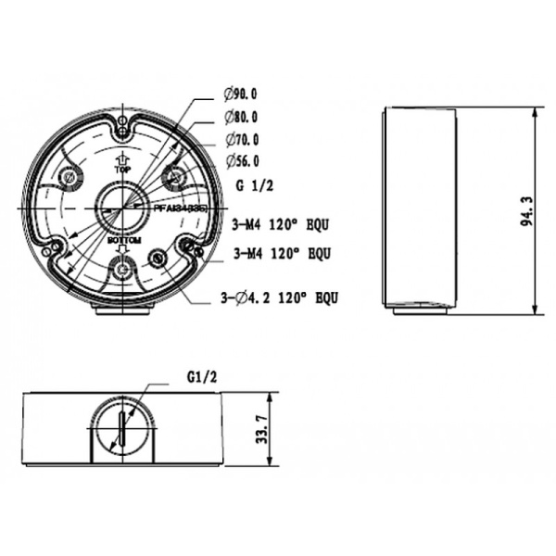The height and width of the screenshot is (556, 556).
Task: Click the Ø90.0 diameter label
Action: pos(240,94)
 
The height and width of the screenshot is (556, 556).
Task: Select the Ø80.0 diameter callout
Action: pos(240,117)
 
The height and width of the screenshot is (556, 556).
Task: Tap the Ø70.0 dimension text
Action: pos(240,140)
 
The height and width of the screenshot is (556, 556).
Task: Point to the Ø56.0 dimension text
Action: pos(240,162)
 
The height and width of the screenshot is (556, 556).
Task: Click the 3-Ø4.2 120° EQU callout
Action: pos(277,297)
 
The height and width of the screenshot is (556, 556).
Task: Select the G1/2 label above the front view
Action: pos(201,377)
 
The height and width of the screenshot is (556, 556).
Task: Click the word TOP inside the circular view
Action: pos(121,171)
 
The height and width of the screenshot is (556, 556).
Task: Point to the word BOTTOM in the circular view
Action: pos(122,240)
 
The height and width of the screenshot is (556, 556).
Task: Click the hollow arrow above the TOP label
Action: pos(121,158)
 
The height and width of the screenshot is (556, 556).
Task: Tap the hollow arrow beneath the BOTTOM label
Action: pos(122,251)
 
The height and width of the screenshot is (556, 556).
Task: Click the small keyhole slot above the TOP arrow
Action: pos(122,121)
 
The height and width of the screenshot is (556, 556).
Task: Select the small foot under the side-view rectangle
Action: pos(420,310)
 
